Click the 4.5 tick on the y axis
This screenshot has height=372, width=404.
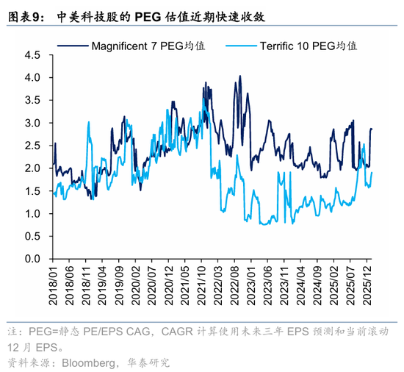[x=32, y=54]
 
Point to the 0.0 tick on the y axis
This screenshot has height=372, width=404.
[x=32, y=259]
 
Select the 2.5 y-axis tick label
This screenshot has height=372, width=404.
[x=32, y=146]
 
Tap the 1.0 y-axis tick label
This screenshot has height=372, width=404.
[x=32, y=214]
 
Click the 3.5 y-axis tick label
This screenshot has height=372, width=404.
[x=32, y=100]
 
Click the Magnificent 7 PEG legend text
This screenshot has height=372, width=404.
[x=148, y=46]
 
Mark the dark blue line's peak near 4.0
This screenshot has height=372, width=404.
[x=239, y=76]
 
